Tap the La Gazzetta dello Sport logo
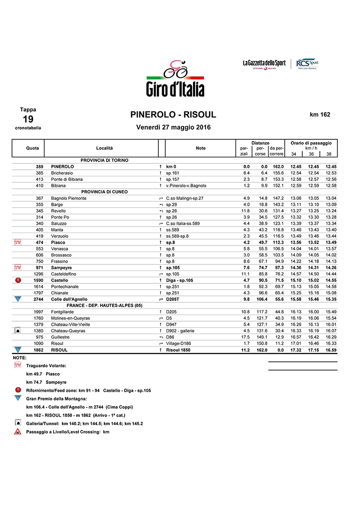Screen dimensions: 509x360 (264, 64)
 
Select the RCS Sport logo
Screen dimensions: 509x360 (307, 64)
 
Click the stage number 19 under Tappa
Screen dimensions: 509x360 (28, 119)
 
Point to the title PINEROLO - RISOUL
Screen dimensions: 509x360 (173, 115)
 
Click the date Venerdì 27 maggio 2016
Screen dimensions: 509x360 (174, 127)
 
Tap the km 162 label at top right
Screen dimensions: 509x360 (320, 114)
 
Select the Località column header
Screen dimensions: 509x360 (104, 148)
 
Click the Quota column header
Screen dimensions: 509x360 (32, 148)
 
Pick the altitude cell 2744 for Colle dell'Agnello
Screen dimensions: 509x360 (38, 299)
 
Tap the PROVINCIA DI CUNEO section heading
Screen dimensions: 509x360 (104, 192)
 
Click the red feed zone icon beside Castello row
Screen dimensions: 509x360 (18, 280)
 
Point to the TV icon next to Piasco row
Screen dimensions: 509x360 (18, 242)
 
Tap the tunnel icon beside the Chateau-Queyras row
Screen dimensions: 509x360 (18, 330)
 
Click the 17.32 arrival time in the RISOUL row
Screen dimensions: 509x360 (295, 350)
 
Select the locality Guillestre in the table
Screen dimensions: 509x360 (61, 337)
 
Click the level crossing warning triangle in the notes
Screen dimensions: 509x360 (18, 432)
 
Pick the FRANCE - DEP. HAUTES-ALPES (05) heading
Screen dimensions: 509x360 (104, 305)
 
